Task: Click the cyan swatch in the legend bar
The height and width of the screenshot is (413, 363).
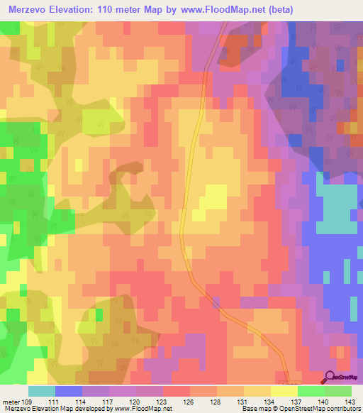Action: (x=42, y=391)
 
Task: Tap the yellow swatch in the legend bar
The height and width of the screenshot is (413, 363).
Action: (x=284, y=391)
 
